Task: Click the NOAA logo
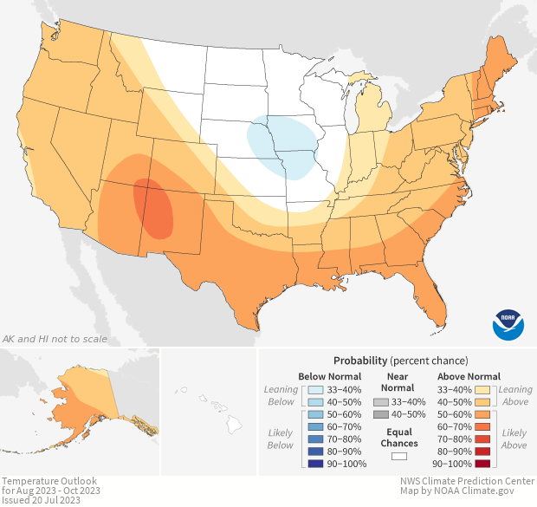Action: click(x=508, y=323)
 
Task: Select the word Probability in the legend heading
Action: click(x=359, y=360)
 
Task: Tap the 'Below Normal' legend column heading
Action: click(x=329, y=376)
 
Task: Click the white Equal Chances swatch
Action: click(x=398, y=456)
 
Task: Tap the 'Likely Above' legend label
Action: click(x=514, y=439)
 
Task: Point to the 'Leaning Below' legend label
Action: click(x=280, y=395)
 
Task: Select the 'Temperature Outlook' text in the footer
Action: click(x=49, y=481)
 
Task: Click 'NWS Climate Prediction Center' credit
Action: click(x=467, y=481)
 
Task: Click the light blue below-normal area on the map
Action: click(x=281, y=147)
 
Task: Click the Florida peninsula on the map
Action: click(x=433, y=299)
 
